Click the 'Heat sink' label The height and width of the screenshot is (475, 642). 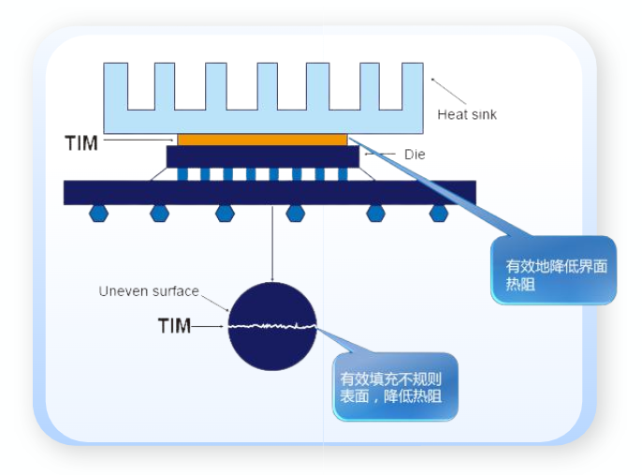coord(467,115)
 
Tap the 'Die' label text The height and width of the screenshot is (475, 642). coord(414,155)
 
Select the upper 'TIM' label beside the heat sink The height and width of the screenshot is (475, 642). coord(81,142)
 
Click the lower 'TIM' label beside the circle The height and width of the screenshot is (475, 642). coord(174,326)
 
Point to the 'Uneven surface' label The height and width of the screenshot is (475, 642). coord(149,291)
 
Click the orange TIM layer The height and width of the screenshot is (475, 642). coord(262,140)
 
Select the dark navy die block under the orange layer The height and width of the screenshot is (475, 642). coord(262,156)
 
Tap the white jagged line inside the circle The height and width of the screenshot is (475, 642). coord(272,326)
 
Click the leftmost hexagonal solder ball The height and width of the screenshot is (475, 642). coord(98,214)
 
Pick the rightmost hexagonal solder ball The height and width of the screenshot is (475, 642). coord(438,214)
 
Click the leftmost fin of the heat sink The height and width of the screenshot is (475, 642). coord(116,84)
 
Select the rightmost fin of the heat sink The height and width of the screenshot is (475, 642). coord(412,84)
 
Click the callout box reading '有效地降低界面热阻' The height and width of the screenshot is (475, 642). coord(553,275)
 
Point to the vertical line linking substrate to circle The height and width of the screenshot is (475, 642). coord(272,244)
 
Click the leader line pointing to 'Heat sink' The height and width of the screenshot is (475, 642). coord(449,91)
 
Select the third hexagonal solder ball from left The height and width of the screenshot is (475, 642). coord(225,214)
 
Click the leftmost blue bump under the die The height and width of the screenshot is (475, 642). coord(183,174)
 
